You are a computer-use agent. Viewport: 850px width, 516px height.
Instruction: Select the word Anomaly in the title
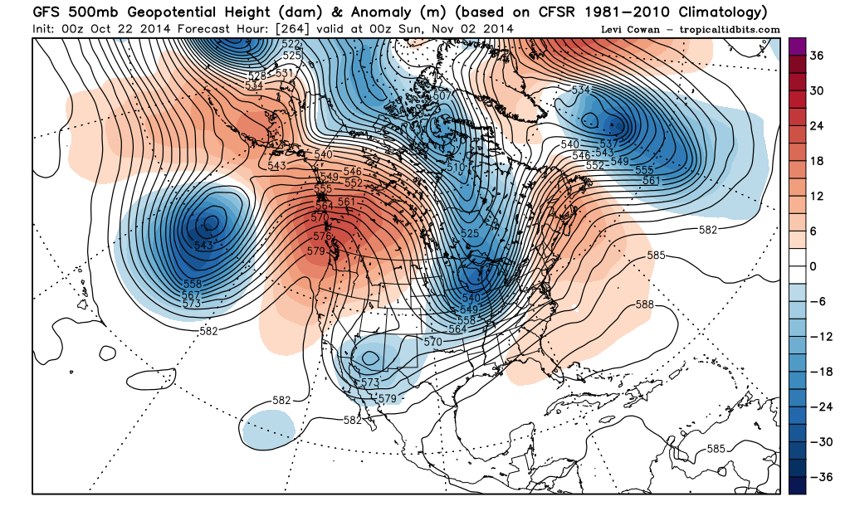click(369, 12)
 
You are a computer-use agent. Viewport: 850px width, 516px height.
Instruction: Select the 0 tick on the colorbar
click(814, 266)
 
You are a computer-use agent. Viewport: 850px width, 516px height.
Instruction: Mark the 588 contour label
click(645, 305)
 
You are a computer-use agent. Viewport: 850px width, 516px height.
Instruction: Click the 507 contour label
click(442, 96)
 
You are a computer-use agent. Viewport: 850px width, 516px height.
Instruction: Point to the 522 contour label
click(291, 44)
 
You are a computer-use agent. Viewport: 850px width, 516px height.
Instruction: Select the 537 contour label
click(607, 144)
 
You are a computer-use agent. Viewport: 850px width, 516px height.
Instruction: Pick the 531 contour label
click(285, 73)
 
